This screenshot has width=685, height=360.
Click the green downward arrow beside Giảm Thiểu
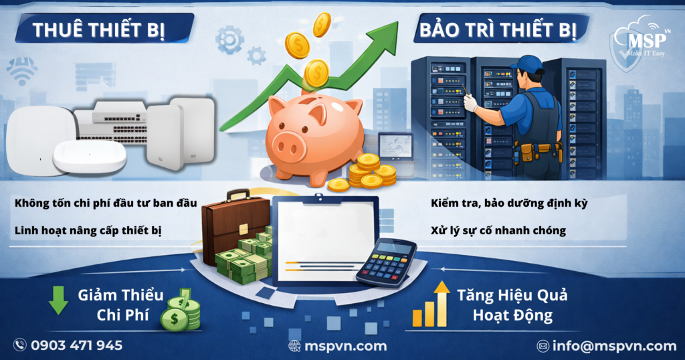58,302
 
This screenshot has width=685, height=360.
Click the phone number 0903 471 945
77,345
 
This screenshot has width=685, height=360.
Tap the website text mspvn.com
345,345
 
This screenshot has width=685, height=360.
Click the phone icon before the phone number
21,345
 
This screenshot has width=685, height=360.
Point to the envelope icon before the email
543,346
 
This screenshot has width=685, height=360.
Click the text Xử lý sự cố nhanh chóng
499,230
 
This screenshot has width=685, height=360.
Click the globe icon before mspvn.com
294,345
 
